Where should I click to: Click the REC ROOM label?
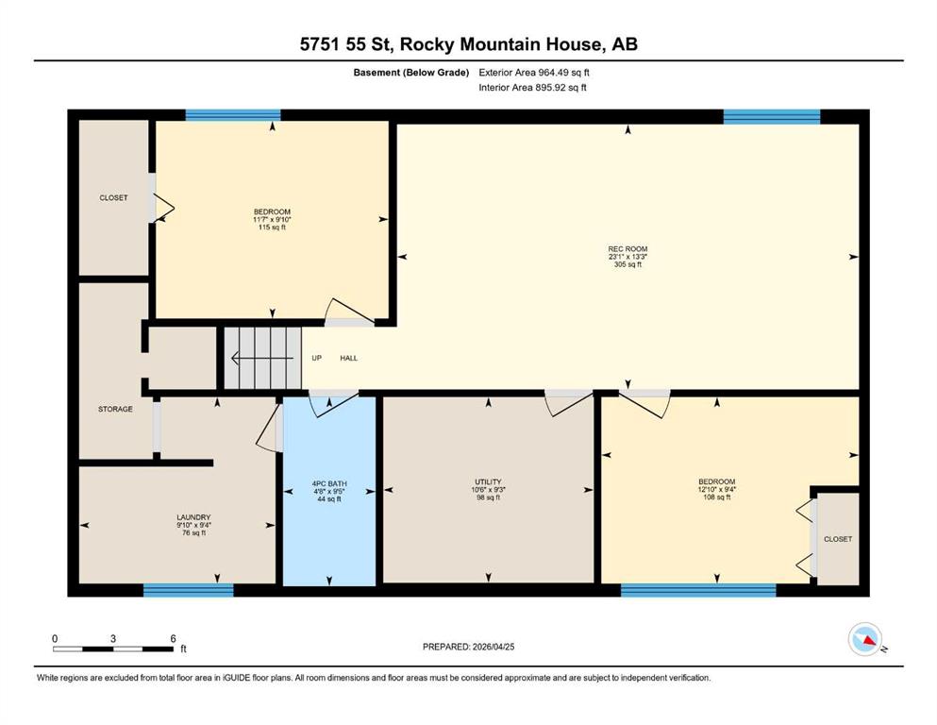627,248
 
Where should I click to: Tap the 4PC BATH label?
329,483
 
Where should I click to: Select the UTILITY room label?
488,481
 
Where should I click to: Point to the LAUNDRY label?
193,517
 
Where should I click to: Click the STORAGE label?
115,409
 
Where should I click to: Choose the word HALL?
349,358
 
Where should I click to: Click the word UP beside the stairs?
317,358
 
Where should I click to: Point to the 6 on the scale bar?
174,638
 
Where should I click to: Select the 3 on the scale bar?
113,638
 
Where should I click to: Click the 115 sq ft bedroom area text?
272,228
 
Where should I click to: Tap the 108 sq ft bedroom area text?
717,497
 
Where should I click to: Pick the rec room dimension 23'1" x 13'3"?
627,257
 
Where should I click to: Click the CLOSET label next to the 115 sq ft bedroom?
113,197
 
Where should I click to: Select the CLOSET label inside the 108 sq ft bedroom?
838,538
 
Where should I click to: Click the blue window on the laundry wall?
188,590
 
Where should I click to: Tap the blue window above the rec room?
772,116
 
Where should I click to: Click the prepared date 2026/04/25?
493,647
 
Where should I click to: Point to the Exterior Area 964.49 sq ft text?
534,73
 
